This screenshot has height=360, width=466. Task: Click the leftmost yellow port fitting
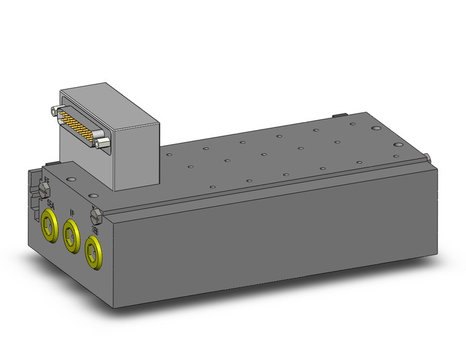[48, 226]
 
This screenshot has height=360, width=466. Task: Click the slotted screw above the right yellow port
[95, 216]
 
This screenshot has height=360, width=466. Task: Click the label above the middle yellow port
[72, 213]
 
